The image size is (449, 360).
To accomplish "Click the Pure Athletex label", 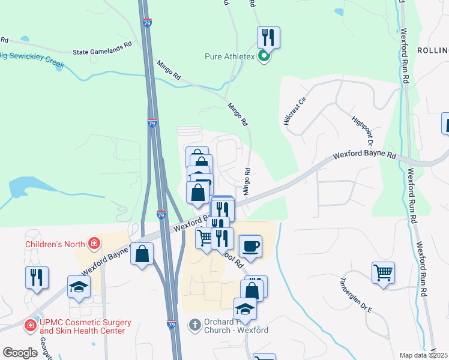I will [230, 58].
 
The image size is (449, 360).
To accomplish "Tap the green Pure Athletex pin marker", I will [264, 58].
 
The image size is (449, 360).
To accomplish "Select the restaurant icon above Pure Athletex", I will [268, 38].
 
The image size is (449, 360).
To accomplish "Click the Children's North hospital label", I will [56, 244].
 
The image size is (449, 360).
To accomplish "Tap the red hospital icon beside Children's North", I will [94, 244].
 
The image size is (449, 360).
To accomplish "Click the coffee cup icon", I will [250, 246].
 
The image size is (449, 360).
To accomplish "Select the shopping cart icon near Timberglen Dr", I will [383, 273].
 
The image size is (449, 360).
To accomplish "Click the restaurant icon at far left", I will [37, 278].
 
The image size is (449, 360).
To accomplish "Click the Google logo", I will [20, 353].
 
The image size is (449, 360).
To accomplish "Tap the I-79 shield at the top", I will [148, 23].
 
